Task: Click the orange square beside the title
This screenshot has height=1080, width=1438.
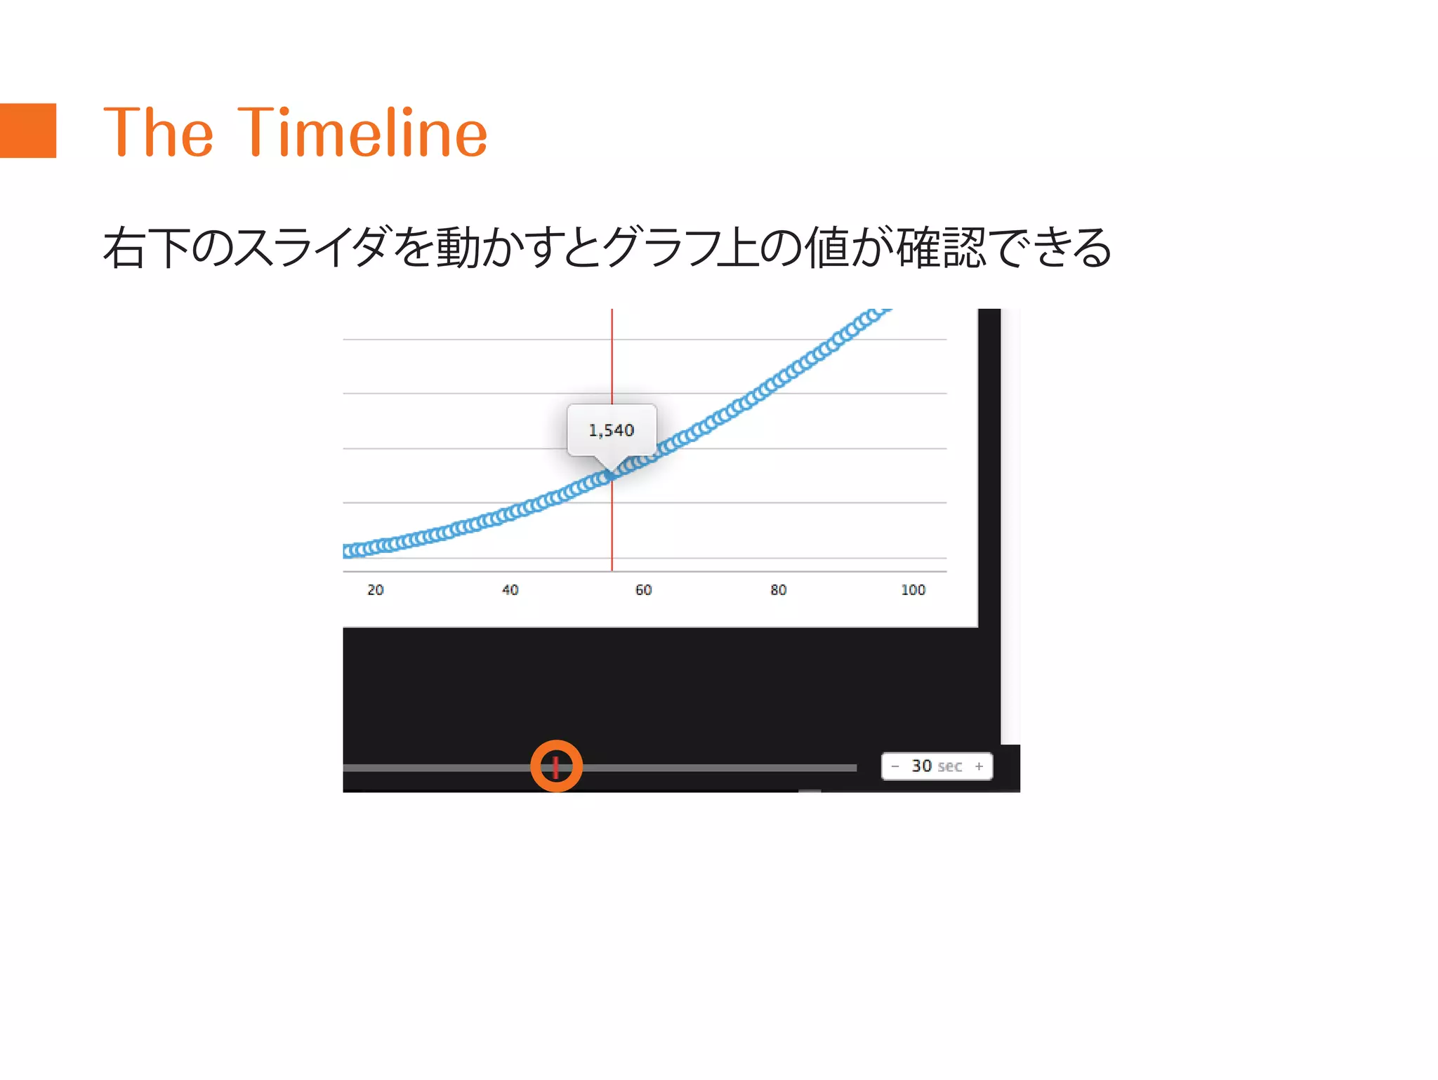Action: pos(27,131)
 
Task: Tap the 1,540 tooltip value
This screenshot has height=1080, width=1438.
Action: pos(611,430)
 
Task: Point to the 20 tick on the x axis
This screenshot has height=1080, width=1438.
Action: pos(376,590)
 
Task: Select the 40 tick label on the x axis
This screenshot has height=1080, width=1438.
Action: pos(510,590)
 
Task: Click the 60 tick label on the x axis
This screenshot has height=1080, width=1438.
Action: pos(644,590)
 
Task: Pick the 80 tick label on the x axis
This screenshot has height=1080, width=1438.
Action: pos(778,590)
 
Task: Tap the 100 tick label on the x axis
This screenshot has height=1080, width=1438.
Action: pos(913,590)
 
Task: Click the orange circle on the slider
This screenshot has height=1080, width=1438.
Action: pos(556,766)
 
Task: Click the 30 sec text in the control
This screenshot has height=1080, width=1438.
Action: pos(937,766)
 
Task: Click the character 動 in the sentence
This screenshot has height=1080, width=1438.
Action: pos(458,248)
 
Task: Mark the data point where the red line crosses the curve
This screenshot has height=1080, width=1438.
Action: pos(612,475)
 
